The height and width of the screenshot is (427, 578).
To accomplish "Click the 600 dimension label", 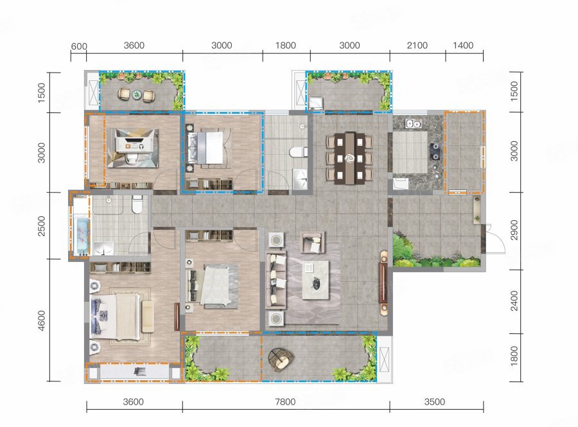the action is pos(79,46).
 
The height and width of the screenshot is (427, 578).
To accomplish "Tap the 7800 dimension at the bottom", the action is pos(285,401).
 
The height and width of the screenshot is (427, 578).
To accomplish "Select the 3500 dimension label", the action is pos(435,401).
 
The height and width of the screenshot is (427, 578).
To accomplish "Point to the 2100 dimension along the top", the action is pos(417,46).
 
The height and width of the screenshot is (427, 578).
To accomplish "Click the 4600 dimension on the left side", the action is pos(41,320).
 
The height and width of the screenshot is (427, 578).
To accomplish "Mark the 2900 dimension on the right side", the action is pos(514,230).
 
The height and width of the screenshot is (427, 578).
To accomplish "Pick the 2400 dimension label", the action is pos(514,301).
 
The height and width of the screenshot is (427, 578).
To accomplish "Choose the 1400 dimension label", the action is pos(463,46).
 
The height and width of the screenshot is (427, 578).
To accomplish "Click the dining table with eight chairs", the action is pos(349,158).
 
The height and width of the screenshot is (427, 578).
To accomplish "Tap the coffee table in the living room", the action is pos(315,279).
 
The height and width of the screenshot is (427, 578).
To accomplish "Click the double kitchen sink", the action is pos(414,124).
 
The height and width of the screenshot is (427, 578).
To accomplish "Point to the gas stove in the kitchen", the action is pos(435,151).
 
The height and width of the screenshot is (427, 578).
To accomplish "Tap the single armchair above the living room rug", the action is pos(312,242).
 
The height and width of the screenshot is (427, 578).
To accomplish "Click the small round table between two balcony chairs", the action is pos(137,94).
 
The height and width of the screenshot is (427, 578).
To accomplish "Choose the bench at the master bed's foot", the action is pos(148,317).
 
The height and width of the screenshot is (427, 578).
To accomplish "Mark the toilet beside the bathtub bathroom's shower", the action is pos(137,204).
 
